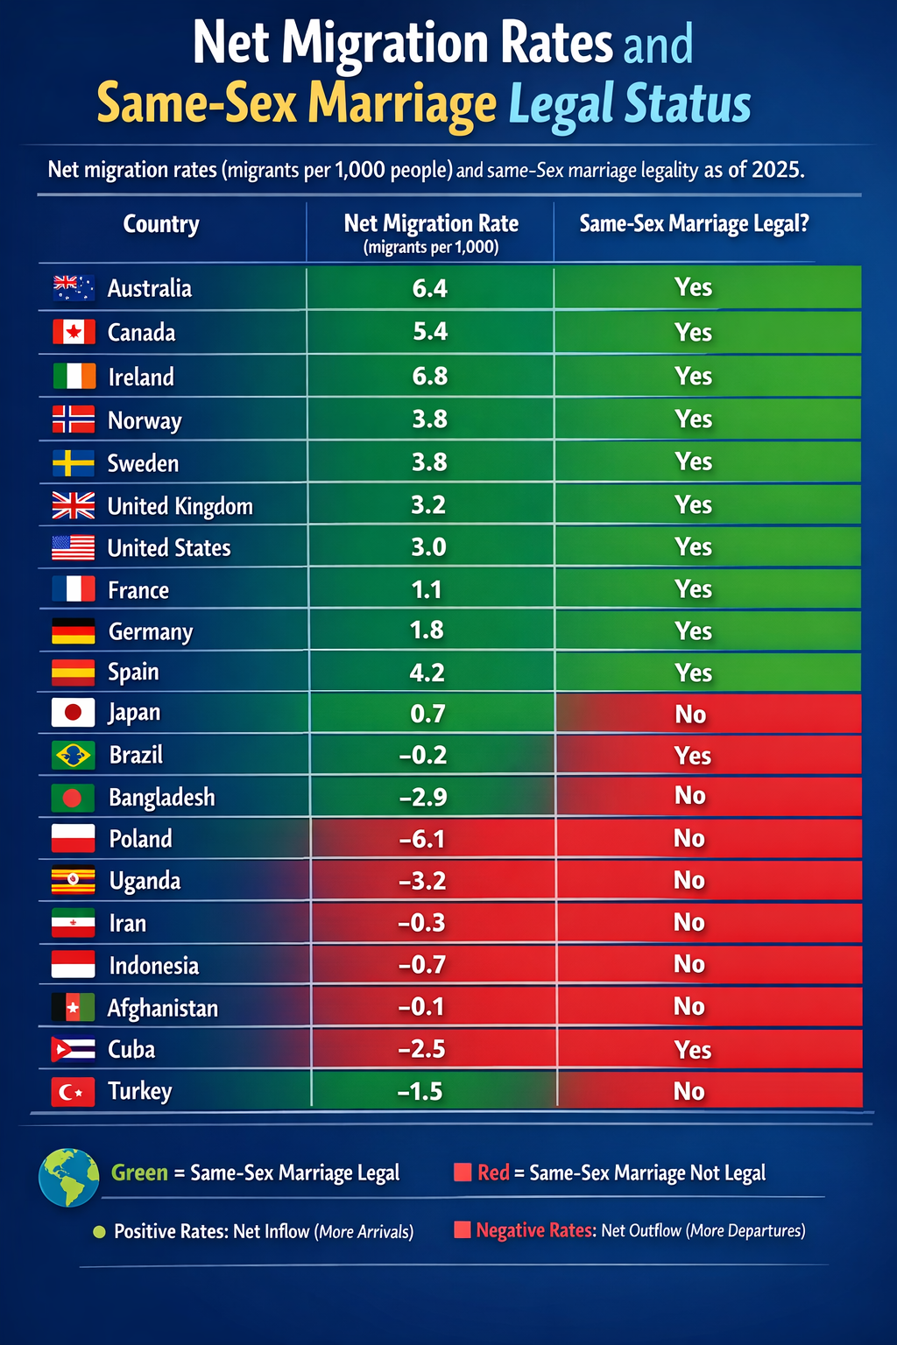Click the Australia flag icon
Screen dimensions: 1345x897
point(74,288)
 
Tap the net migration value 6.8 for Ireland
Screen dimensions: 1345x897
point(429,377)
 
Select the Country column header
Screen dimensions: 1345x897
point(161,224)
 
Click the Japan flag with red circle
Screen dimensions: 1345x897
point(74,713)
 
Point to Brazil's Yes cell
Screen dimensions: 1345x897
point(693,756)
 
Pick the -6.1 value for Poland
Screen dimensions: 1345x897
point(422,839)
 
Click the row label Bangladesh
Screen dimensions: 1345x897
point(162,798)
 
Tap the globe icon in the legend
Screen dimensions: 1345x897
point(69,1178)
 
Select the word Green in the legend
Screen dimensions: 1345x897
point(139,1172)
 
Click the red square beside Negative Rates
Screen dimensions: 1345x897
point(463,1229)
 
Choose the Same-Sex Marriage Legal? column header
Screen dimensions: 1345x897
point(694,224)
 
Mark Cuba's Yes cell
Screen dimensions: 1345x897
point(693,1050)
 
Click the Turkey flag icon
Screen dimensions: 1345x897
point(74,1092)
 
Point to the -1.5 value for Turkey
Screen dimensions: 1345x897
point(420,1092)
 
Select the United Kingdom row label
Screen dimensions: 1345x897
point(180,506)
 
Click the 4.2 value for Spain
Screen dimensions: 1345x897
point(427,672)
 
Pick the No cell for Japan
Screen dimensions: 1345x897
point(690,715)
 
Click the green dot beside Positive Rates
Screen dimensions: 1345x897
point(99,1232)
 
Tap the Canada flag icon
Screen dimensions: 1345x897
point(74,332)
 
